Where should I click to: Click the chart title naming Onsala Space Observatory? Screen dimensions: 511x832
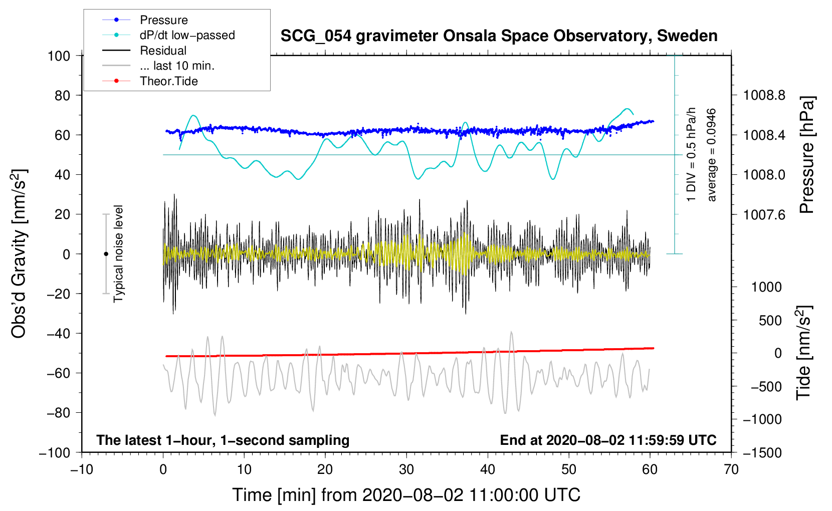click(499, 36)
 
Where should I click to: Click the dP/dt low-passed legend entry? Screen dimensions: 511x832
click(187, 35)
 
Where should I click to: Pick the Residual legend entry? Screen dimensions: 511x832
click(163, 51)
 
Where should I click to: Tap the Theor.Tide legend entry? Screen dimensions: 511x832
click(168, 81)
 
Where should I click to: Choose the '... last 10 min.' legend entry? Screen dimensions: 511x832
click(177, 66)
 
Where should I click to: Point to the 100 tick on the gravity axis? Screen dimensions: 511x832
click(59, 56)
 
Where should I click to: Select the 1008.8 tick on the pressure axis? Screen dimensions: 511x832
click(764, 95)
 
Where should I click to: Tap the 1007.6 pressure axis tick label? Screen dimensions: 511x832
click(764, 214)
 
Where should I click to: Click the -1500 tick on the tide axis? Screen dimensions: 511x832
click(762, 453)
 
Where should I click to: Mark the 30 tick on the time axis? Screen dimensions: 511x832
click(406, 470)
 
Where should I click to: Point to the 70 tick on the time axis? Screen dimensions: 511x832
click(731, 470)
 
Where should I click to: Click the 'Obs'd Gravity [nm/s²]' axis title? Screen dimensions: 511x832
click(19, 254)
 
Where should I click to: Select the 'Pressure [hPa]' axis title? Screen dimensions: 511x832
click(806, 155)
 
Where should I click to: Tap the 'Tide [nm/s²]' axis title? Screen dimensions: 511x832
click(803, 353)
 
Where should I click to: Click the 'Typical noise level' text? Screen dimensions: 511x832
click(118, 253)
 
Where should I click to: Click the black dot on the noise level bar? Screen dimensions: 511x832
click(106, 254)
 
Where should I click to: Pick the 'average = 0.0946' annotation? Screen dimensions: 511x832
click(712, 155)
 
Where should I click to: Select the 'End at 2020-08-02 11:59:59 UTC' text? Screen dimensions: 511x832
click(608, 440)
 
